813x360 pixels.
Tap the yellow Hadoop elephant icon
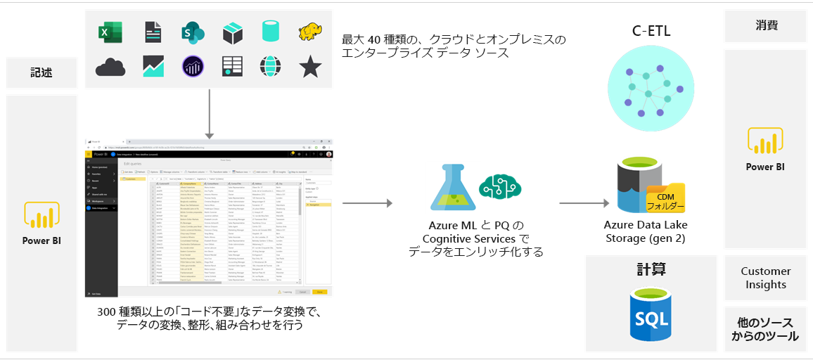point(309,32)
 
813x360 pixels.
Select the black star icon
point(309,67)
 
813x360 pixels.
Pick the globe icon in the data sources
point(271,67)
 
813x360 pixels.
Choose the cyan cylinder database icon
point(271,32)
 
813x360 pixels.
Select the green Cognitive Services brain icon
point(499,186)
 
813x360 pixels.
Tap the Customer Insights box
point(765,278)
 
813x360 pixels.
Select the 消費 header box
point(765,26)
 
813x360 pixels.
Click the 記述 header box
point(41,72)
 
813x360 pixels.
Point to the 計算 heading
point(651,269)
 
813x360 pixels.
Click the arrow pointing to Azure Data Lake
point(584,204)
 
